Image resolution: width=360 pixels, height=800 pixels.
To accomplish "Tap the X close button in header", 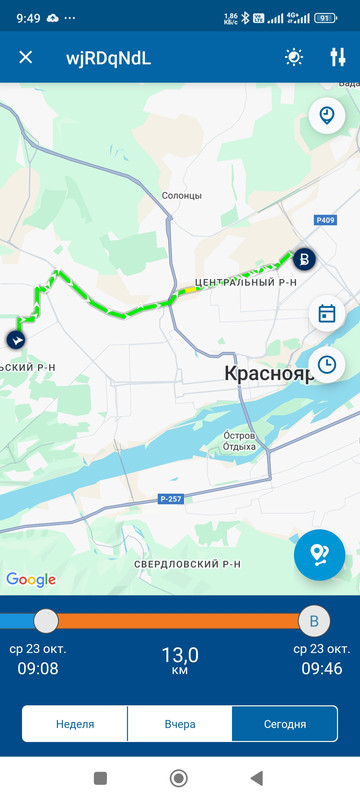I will coord(26,57).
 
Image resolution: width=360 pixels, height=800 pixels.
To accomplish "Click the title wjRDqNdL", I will coord(109,57).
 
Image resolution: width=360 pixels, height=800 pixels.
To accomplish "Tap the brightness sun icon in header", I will coord(293,57).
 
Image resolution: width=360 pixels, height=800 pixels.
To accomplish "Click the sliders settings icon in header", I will coord(337,57).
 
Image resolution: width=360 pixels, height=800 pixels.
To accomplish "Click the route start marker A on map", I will coord(16,340).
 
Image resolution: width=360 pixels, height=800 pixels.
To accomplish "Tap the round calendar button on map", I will coord(326,314).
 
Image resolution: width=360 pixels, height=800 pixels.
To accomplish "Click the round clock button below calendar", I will coord(326,364).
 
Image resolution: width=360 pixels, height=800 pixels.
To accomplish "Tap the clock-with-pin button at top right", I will coord(326,115).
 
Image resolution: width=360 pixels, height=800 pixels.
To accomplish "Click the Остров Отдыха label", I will coord(248,441).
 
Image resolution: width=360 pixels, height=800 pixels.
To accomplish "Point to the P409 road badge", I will coord(324,220).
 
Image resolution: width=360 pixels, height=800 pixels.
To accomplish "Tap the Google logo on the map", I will coord(31,579).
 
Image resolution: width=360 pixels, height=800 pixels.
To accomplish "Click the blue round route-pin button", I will coord(319,554).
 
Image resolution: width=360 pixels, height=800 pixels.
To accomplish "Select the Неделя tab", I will coord(75,724).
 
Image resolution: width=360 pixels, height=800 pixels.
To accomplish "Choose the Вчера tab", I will coord(180,724).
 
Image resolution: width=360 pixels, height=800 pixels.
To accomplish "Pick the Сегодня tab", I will coord(284,724).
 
